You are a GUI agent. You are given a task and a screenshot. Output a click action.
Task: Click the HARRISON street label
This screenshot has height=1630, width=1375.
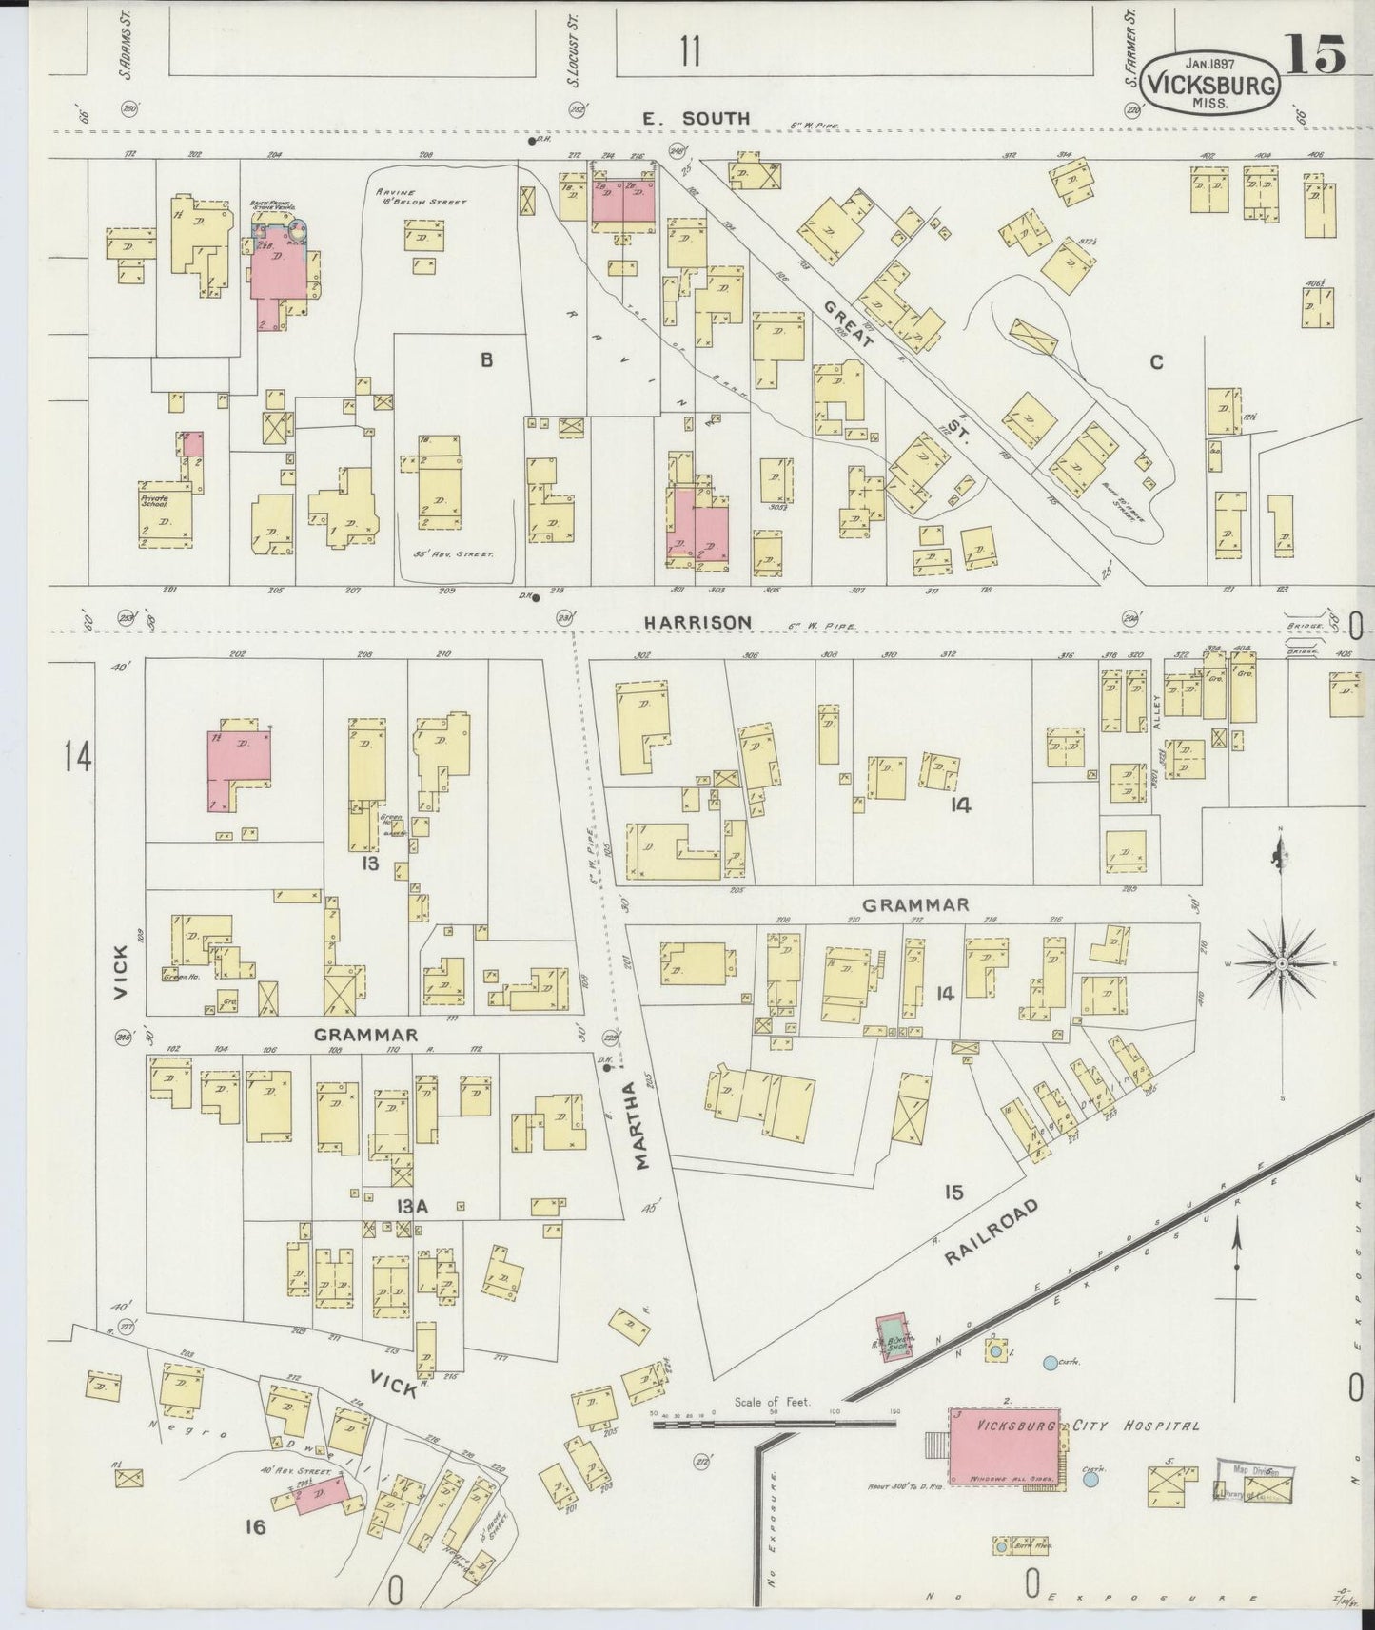(x=697, y=622)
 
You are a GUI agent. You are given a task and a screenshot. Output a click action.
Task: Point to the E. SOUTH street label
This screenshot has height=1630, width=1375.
(x=696, y=118)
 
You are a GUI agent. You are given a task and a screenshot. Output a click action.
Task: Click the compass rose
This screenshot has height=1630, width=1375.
(x=1282, y=962)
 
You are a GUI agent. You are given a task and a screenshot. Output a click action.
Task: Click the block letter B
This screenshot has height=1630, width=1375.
(x=486, y=359)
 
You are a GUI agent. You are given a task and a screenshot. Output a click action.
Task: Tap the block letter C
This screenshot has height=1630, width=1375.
(x=1156, y=361)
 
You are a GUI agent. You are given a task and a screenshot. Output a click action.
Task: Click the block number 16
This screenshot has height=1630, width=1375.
(x=254, y=1527)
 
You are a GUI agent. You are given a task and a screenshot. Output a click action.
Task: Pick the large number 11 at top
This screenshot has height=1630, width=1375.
(x=690, y=52)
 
